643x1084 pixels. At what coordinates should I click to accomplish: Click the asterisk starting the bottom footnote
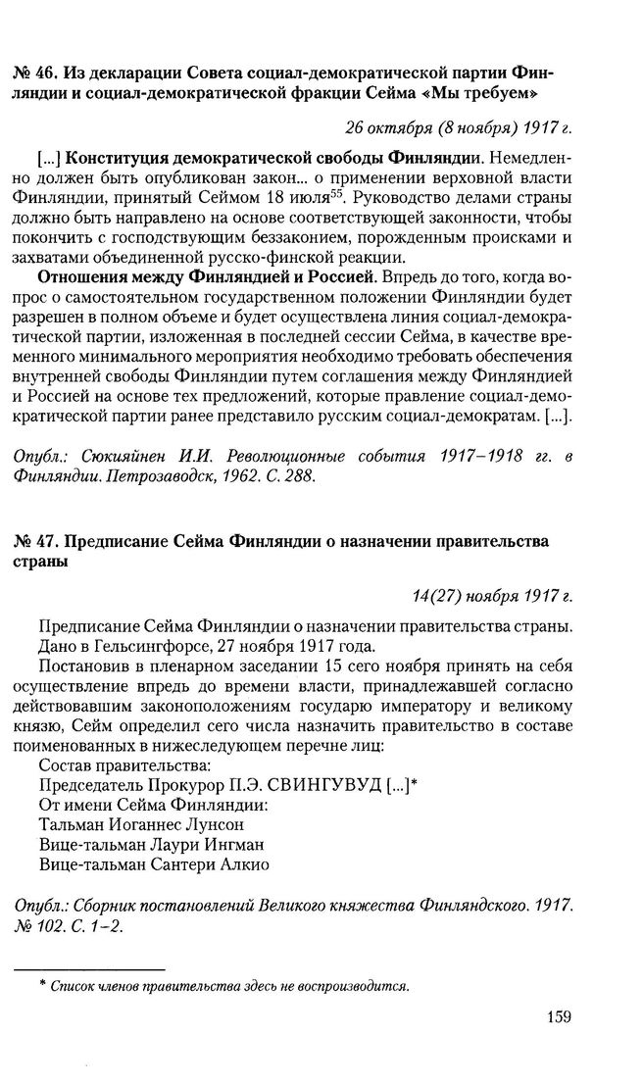[42, 983]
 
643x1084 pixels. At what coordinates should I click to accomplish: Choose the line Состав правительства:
[110, 765]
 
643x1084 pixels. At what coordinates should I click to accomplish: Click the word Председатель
[90, 785]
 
